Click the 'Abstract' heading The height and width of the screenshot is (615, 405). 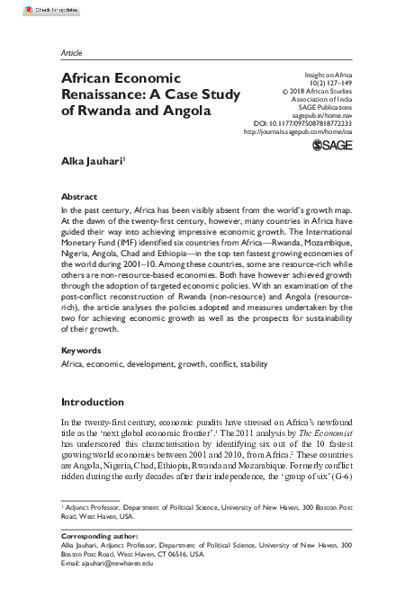(x=78, y=196)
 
